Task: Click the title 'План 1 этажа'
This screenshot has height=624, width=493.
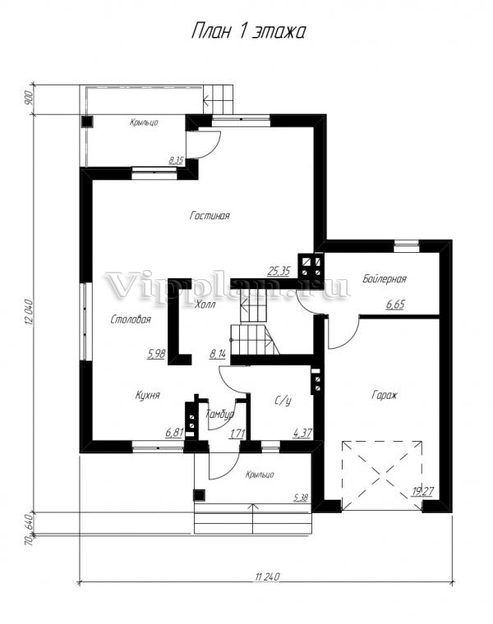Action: (x=248, y=32)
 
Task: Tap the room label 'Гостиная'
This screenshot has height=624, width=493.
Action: (x=210, y=216)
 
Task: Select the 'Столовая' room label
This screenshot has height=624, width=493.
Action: (x=131, y=319)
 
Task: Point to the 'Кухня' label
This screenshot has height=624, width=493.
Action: (x=147, y=395)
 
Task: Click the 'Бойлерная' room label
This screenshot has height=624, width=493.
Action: (x=385, y=278)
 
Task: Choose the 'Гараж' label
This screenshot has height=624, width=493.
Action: (x=385, y=395)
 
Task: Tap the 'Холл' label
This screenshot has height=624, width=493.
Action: (x=205, y=305)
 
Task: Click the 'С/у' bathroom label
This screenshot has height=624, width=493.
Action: (x=283, y=401)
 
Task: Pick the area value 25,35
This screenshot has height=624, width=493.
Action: (x=279, y=272)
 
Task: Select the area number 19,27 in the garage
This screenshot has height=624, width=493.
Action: (x=422, y=492)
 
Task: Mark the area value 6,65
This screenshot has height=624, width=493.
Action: (x=395, y=305)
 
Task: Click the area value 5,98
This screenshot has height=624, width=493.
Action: (x=156, y=354)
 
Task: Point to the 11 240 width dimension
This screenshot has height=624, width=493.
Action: (x=267, y=576)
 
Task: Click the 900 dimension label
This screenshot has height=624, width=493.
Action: (x=28, y=98)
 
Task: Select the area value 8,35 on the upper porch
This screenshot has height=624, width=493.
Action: (x=176, y=160)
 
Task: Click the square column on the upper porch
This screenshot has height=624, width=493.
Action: (x=87, y=122)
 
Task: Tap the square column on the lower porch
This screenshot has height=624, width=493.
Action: (x=199, y=495)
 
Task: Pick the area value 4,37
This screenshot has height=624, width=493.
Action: (x=302, y=433)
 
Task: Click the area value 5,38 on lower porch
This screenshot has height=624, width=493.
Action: (x=301, y=497)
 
